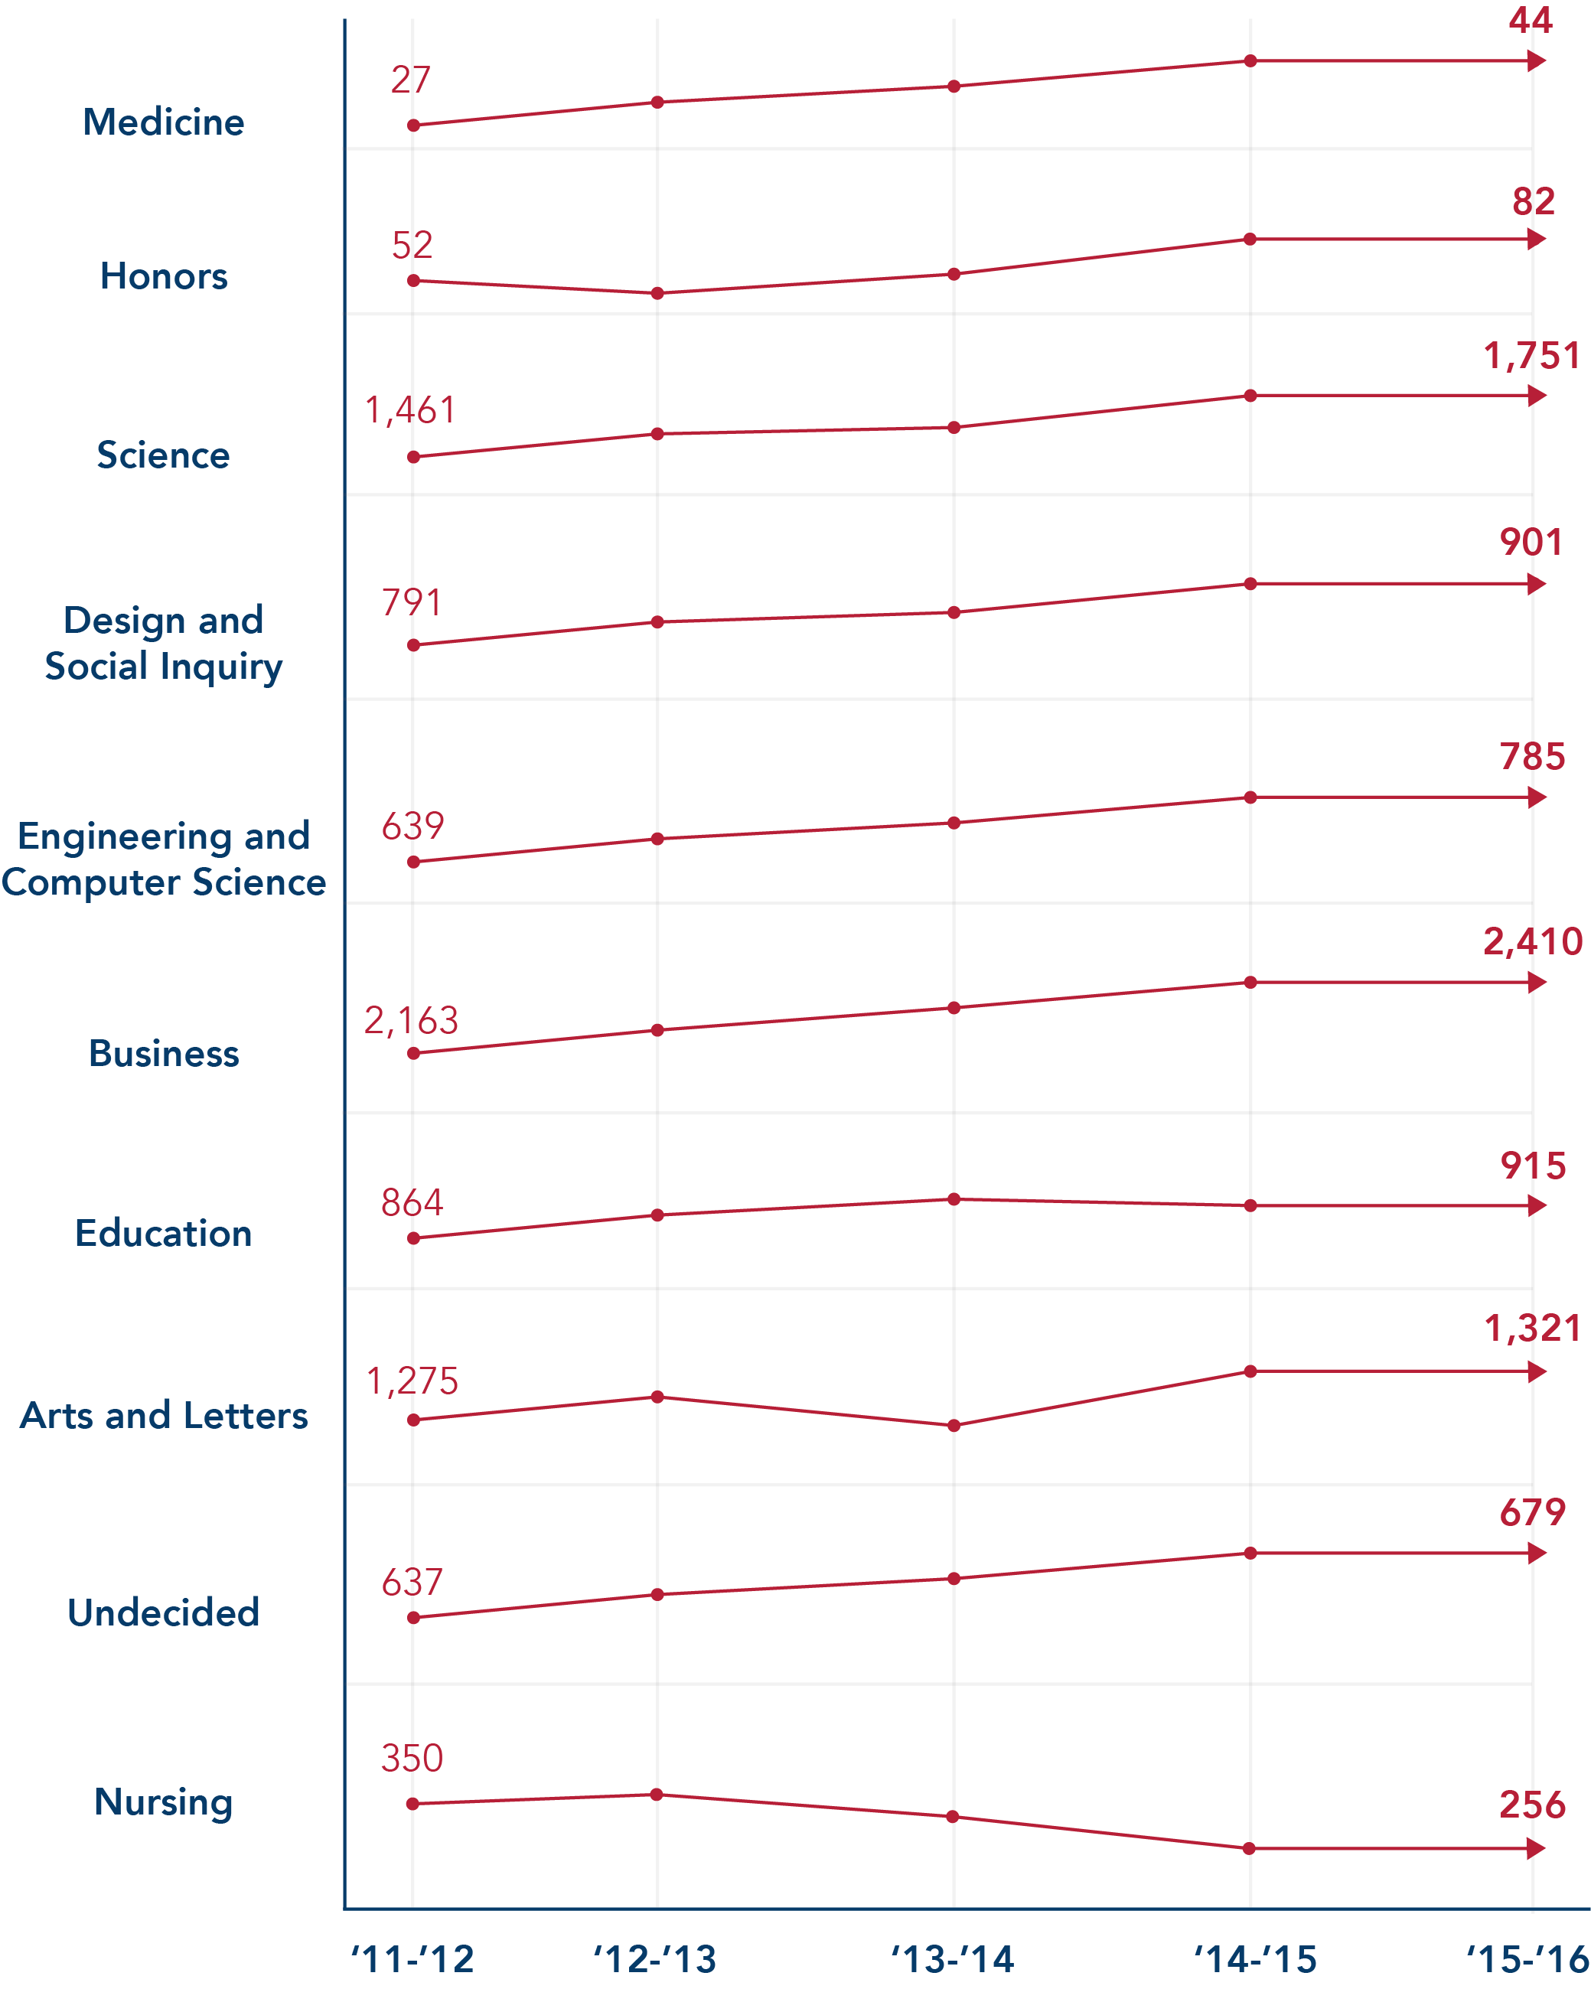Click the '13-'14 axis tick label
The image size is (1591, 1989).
coord(953,1958)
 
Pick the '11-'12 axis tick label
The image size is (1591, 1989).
coord(412,1958)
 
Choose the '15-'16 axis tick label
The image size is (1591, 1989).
coord(1527,1958)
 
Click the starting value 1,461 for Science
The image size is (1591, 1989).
coord(410,410)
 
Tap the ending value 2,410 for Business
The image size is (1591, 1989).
coord(1532,941)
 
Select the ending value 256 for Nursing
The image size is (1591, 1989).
coord(1532,1805)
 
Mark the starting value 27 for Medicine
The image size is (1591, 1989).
coord(410,80)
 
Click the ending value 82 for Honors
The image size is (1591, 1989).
coord(1533,201)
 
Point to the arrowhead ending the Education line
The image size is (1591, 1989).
coord(1537,1206)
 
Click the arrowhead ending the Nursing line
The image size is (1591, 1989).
coord(1537,1848)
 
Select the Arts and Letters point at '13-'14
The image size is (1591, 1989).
coord(954,1425)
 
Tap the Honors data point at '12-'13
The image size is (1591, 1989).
coord(657,293)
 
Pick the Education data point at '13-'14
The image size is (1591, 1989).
coord(954,1199)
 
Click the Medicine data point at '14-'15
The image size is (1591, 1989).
coord(1250,61)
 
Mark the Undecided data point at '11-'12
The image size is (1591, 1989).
coord(413,1617)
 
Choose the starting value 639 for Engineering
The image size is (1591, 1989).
coord(412,826)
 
